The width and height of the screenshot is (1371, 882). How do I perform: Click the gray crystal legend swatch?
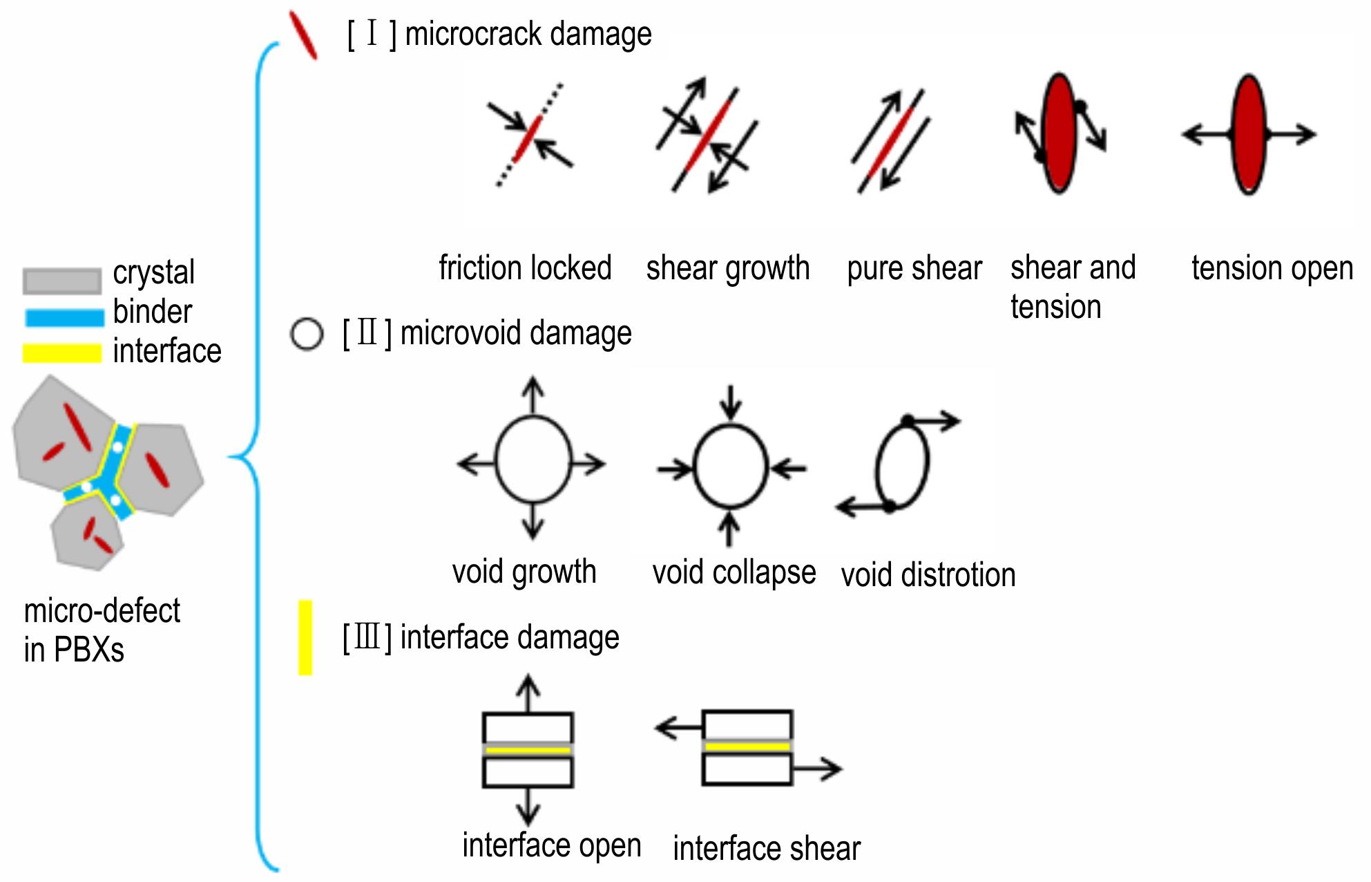coord(62,281)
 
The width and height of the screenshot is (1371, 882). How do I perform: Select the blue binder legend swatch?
coord(64,317)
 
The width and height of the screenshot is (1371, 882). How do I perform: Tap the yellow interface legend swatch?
coord(62,353)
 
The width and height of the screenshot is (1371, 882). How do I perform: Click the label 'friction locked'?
coord(525,268)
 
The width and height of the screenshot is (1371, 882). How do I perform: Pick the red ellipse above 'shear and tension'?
coord(1060,133)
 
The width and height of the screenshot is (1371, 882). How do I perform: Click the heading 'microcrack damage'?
coord(528,34)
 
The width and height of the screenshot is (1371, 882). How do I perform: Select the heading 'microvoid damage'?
coord(516,333)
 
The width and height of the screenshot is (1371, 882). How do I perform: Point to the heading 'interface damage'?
coord(510,637)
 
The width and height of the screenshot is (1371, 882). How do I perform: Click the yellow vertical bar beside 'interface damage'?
coord(305,637)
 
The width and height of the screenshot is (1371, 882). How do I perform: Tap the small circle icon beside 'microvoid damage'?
coord(307,335)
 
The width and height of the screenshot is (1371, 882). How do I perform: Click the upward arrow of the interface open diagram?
coord(528,693)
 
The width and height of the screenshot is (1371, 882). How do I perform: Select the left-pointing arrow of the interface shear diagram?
coord(678,727)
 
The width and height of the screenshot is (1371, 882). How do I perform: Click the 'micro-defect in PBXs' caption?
coord(102,630)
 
